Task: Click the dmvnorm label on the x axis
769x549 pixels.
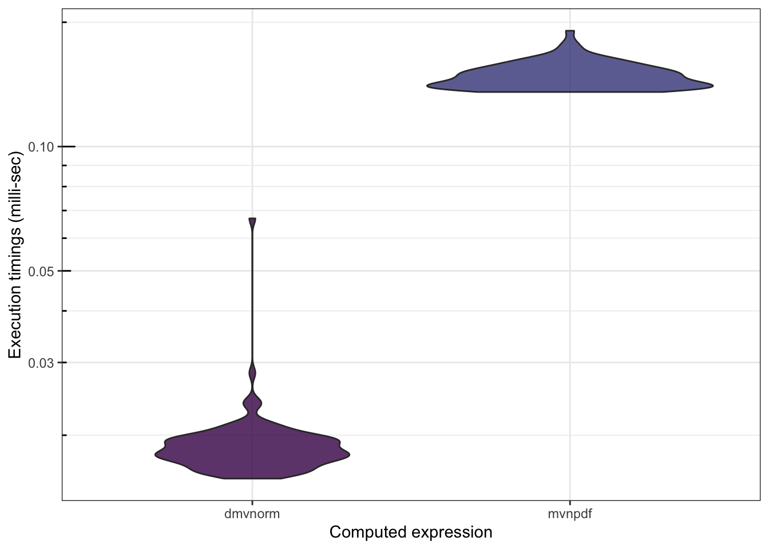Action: (252, 514)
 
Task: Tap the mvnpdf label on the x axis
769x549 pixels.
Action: (570, 514)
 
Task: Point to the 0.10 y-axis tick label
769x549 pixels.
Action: (41, 147)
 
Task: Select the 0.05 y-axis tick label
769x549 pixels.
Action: (41, 271)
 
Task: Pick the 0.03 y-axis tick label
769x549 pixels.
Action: (41, 363)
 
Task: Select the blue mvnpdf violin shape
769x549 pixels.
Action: (570, 74)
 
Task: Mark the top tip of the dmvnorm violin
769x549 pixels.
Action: (252, 220)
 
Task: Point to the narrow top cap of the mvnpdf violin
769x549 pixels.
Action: (570, 33)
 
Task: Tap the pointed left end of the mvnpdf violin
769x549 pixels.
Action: (429, 86)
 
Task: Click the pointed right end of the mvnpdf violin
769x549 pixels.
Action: (711, 86)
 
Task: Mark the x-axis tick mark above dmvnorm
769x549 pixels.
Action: (252, 503)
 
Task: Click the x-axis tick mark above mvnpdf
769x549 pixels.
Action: (570, 503)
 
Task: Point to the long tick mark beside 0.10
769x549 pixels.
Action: (69, 147)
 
